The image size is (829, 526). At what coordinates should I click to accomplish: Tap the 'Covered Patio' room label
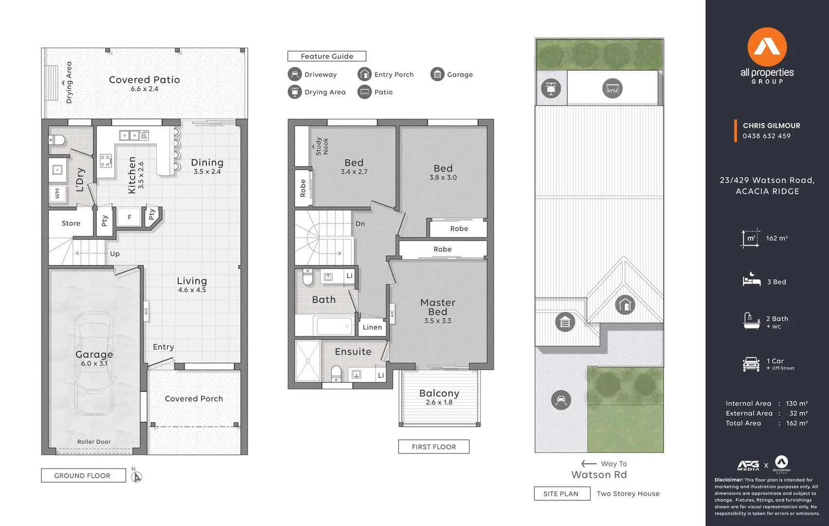pos(145,79)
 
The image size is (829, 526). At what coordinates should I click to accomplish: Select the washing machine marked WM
pos(57,193)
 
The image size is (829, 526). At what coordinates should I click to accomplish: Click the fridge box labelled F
pos(129,217)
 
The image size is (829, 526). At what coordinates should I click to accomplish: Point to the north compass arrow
pos(137,476)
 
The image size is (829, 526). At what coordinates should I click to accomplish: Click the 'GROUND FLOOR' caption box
pos(83,475)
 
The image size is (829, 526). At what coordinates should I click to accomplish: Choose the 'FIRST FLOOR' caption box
pos(434,447)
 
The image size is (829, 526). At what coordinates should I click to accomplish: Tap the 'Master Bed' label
pos(438,307)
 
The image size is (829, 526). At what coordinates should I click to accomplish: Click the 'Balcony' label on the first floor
pos(439,393)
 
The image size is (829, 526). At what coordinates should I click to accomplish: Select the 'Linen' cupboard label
pos(372,327)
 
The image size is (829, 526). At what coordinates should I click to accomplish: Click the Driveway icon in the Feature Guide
pos(295,74)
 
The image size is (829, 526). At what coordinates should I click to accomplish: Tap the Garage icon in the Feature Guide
pos(437,74)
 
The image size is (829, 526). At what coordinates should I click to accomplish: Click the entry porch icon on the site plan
pos(625,305)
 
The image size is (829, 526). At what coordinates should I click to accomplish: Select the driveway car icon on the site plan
pos(561,400)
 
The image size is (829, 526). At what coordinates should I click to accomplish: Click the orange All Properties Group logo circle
pos(767,47)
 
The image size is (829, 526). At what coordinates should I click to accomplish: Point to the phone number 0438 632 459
pos(767,136)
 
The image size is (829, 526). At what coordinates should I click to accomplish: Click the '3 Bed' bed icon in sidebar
pos(751,280)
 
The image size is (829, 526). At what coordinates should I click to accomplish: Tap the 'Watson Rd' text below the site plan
pos(599,474)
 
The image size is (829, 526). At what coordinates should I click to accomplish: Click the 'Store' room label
pos(71,223)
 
